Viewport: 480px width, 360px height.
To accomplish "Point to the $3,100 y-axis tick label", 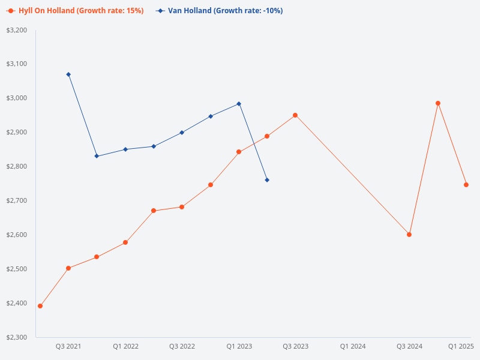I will tap(17, 64).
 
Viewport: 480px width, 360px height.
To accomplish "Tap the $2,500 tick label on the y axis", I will tap(17, 269).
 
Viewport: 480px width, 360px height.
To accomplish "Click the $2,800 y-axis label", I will tap(17, 166).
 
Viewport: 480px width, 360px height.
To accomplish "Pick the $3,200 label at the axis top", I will tap(17, 29).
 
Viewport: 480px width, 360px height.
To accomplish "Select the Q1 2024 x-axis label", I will tap(353, 346).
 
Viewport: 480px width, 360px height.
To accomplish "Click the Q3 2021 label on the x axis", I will tap(68, 346).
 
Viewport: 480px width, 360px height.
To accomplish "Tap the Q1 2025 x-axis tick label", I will tap(461, 346).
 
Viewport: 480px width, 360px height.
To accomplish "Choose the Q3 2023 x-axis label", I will tap(296, 346).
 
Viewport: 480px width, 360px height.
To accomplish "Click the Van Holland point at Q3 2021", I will tap(68, 74).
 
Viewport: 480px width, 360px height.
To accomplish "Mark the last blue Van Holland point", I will tap(267, 180).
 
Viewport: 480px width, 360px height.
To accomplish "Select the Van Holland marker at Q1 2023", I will tap(239, 104).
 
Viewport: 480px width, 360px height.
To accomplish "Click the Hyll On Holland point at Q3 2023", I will tap(295, 115).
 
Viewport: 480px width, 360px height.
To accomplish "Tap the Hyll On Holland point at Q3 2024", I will tap(409, 235).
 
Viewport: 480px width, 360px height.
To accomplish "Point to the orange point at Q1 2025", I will tap(466, 185).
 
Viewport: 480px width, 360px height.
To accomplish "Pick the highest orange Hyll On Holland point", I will tap(438, 103).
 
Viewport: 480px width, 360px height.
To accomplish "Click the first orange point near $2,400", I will tap(40, 306).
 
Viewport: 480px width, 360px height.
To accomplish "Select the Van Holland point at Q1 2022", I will tap(125, 149).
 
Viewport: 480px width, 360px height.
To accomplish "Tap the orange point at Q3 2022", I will tap(182, 207).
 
